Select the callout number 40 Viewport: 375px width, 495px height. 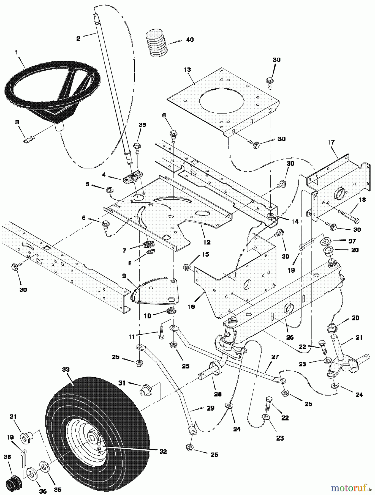coord(190,40)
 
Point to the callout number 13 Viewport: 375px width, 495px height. coord(187,70)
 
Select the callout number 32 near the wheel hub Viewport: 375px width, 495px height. coord(163,452)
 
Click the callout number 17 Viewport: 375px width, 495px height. coord(331,142)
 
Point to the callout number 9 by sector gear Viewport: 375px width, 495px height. coord(124,275)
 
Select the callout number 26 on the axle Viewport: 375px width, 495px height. coord(290,337)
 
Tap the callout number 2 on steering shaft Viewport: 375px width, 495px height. coord(78,39)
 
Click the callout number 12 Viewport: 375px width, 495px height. coord(207,242)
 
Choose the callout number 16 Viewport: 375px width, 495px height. coord(191,307)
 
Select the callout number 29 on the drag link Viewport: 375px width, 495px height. coord(211,408)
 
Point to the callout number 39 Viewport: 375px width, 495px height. coord(142,125)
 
